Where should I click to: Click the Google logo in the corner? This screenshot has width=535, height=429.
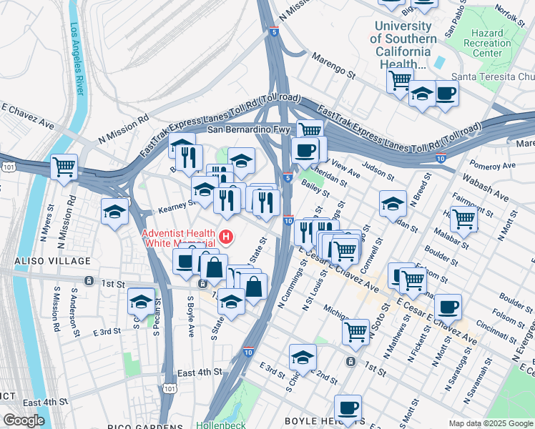[x=24, y=420]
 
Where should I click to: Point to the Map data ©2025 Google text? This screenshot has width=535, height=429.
[x=491, y=423]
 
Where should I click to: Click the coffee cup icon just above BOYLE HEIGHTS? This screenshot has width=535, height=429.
[x=348, y=408]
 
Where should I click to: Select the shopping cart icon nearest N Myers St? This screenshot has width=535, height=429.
[x=64, y=167]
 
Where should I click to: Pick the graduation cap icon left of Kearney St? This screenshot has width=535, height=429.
[x=114, y=212]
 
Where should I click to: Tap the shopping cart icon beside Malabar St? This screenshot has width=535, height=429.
[x=464, y=217]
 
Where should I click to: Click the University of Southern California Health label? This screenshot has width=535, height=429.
[x=404, y=44]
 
